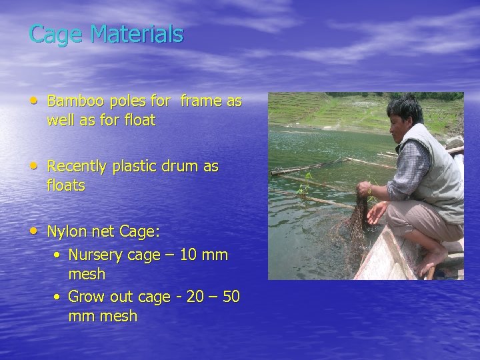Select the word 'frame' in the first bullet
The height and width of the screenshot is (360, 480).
199,102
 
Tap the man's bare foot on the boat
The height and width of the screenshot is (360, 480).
434,260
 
